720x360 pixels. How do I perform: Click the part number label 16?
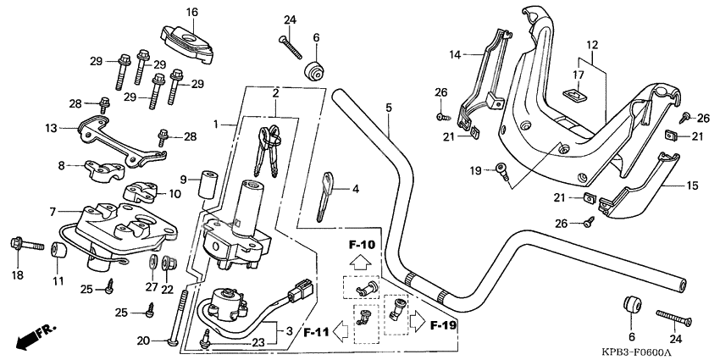[x=191, y=12]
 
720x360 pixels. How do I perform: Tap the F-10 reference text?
[x=360, y=245]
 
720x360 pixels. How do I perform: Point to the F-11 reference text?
[x=318, y=332]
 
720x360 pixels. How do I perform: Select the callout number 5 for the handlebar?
[x=388, y=108]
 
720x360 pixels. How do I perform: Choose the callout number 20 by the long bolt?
[x=143, y=341]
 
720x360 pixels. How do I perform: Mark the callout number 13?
[x=51, y=128]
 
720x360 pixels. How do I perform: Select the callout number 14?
[x=455, y=54]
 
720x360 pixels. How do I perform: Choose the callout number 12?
[x=591, y=44]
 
